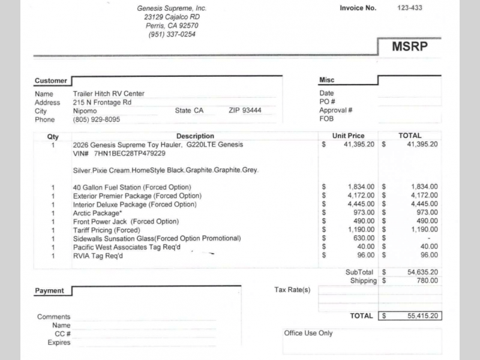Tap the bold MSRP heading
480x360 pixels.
tap(410, 47)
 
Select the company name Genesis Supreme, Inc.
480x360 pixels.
tap(172, 8)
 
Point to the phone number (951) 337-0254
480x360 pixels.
tap(172, 34)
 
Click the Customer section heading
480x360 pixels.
tap(51, 80)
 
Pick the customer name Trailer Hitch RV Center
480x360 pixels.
tap(109, 94)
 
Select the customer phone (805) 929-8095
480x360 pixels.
tap(96, 119)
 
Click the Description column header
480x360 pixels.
tap(195, 136)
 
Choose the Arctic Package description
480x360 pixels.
tap(100, 213)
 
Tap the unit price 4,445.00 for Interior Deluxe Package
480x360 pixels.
tap(361, 204)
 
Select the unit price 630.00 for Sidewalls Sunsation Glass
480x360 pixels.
tap(364, 238)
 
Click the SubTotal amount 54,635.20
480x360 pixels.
tap(422, 272)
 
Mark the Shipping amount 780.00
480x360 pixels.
tap(427, 280)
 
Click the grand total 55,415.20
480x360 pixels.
tap(422, 315)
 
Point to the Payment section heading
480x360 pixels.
tap(49, 290)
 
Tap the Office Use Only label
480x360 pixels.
tap(308, 333)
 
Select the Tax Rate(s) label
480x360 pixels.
tap(292, 290)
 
